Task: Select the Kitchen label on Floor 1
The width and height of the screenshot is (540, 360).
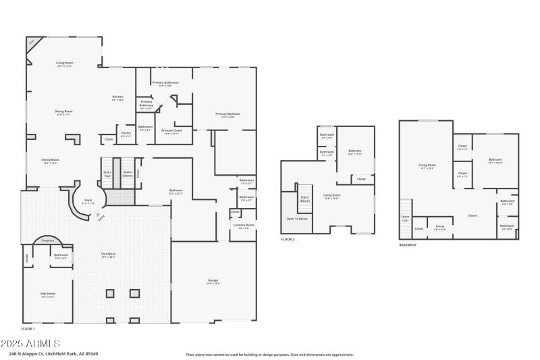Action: [x=117, y=98]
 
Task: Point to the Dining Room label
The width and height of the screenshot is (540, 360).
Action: [x=64, y=112]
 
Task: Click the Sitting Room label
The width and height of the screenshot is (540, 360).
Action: [x=51, y=161]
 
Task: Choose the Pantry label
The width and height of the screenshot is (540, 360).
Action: [x=126, y=134]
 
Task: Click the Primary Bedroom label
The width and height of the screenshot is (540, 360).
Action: [x=228, y=115]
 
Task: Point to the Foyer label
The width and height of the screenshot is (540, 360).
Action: [x=88, y=201]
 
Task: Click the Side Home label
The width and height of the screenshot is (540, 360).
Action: [x=48, y=294]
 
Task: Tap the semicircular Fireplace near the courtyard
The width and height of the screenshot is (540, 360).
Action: [x=47, y=240]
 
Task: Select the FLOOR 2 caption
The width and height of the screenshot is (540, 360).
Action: [x=288, y=240]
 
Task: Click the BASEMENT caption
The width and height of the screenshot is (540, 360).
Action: [x=408, y=245]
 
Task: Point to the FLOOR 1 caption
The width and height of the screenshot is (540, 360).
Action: [x=29, y=329]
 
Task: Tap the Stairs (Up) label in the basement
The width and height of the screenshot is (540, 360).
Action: [x=406, y=218]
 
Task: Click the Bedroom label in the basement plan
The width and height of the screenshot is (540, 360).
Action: [x=495, y=161]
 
